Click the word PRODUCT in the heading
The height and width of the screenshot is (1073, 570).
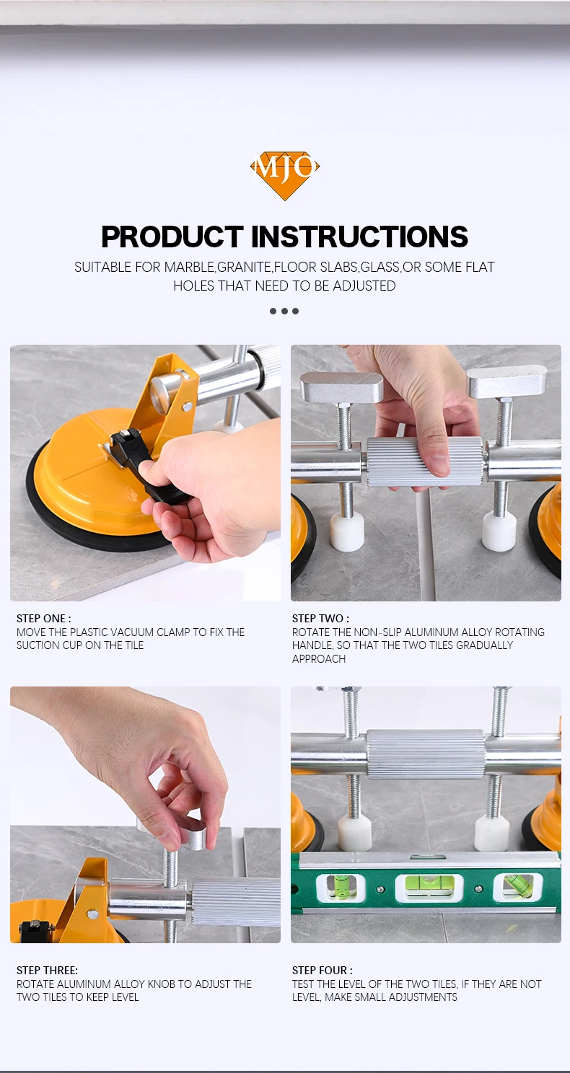tap(172, 236)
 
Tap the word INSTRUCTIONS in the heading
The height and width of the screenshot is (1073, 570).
tap(359, 236)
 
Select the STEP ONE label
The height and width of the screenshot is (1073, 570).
tap(43, 619)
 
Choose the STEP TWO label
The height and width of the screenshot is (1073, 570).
tap(320, 619)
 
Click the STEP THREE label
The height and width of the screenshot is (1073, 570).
tap(47, 970)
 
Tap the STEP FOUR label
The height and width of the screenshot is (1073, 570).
tap(322, 970)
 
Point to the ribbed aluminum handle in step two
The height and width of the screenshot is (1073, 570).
tap(425, 462)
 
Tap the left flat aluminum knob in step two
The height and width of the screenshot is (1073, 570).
tap(341, 387)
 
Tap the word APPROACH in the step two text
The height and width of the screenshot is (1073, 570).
tap(319, 658)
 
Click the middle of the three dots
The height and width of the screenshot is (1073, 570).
tap(284, 312)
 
